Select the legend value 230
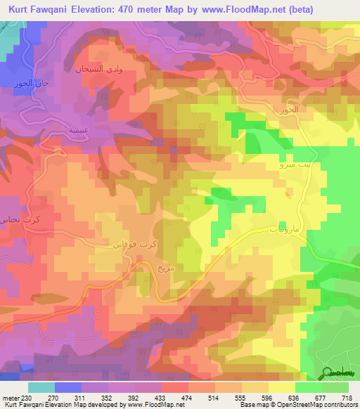click(27, 397)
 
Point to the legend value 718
click(349, 397)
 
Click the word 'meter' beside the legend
click(11, 397)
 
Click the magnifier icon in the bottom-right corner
click(328, 373)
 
